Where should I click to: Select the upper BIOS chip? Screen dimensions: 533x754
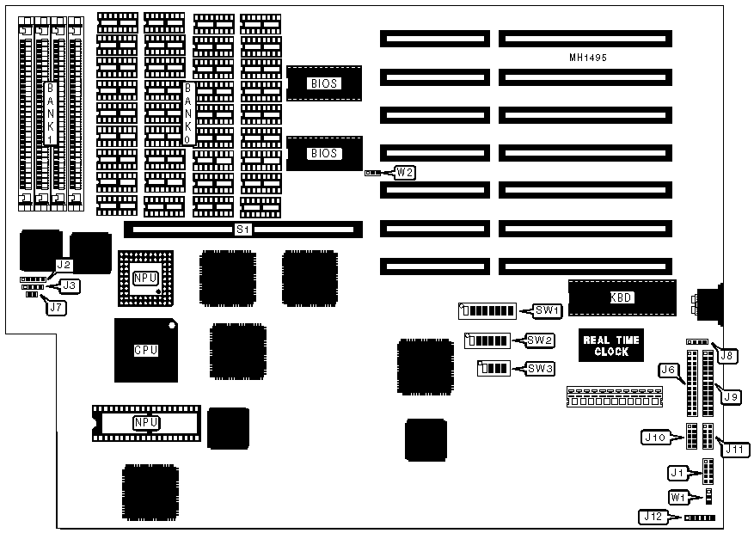[x=325, y=83]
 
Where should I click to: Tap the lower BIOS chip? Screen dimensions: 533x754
[x=325, y=154]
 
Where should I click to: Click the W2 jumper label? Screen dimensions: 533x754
[x=405, y=172]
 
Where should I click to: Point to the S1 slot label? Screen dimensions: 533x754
[x=243, y=230]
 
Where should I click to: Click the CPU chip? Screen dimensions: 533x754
[x=145, y=351]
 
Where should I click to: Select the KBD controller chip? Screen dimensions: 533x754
[x=621, y=297]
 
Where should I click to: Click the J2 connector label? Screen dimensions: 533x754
[x=64, y=266]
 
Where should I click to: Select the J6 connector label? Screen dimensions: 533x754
[x=667, y=370]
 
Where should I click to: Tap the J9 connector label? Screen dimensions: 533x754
[x=732, y=396]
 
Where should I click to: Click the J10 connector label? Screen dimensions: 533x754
[x=655, y=438]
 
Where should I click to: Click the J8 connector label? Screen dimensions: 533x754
[x=727, y=353]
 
